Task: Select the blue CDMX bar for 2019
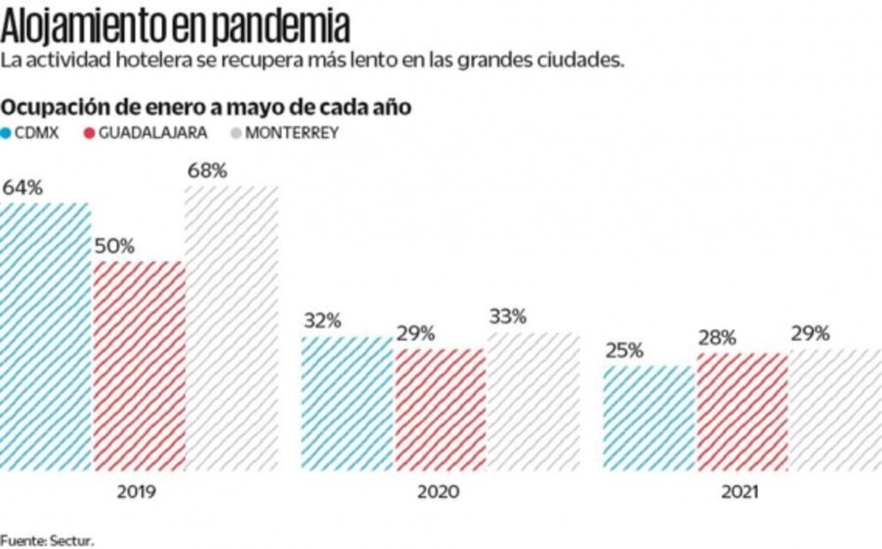45,336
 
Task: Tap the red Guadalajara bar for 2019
138,365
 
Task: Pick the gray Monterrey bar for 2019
230,328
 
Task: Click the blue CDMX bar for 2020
346,403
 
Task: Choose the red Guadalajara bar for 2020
439,409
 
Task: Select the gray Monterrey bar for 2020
532,401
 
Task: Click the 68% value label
207,171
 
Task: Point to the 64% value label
23,188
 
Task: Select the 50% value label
114,246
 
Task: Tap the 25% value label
624,351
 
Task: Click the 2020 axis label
437,492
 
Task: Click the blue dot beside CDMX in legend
6,134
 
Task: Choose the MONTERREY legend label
291,134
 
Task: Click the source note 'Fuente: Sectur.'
46,538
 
